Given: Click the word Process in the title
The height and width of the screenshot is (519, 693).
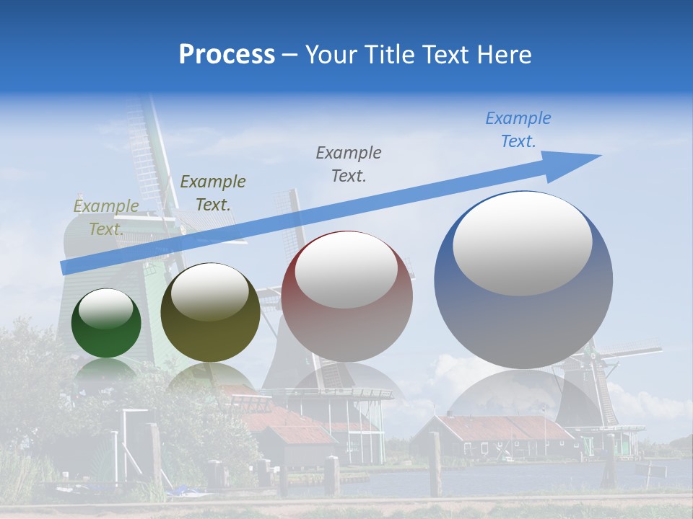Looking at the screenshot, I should pyautogui.click(x=227, y=55).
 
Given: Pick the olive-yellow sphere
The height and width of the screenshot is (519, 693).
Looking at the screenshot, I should pyautogui.click(x=210, y=314).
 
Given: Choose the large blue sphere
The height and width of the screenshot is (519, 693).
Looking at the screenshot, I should pyautogui.click(x=523, y=281).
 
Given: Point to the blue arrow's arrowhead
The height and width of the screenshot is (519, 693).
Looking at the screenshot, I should pyautogui.click(x=577, y=162).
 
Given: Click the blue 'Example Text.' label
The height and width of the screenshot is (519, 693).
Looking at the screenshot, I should pyautogui.click(x=518, y=130).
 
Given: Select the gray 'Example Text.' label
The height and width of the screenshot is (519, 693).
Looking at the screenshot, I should pyautogui.click(x=349, y=164).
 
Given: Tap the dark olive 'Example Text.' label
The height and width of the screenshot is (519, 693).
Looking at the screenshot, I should pyautogui.click(x=213, y=193).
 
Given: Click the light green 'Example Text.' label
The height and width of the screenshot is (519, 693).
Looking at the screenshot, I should pyautogui.click(x=106, y=218).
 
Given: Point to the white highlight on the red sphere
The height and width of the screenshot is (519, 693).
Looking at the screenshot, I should pyautogui.click(x=346, y=271).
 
